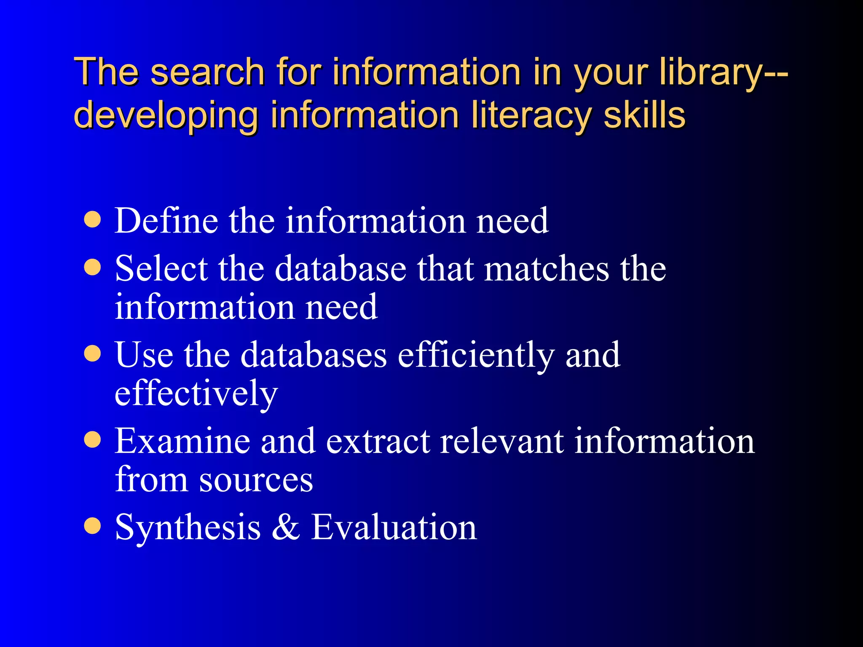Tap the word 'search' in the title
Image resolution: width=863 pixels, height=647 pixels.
click(x=207, y=72)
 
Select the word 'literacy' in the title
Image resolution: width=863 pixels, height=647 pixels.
click(x=531, y=115)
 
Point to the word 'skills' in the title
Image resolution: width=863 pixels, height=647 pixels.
click(x=644, y=115)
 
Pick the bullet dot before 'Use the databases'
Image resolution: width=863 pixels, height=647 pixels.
click(x=92, y=354)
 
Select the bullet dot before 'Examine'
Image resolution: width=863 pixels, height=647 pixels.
click(x=92, y=440)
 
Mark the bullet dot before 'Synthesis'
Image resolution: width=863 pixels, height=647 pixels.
click(x=92, y=526)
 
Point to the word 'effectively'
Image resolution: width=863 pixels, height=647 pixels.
click(x=196, y=393)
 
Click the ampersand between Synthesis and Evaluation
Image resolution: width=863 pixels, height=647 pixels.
click(x=286, y=527)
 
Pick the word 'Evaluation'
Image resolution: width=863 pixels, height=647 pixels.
click(x=394, y=527)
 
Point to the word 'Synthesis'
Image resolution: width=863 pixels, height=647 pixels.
click(x=188, y=528)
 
